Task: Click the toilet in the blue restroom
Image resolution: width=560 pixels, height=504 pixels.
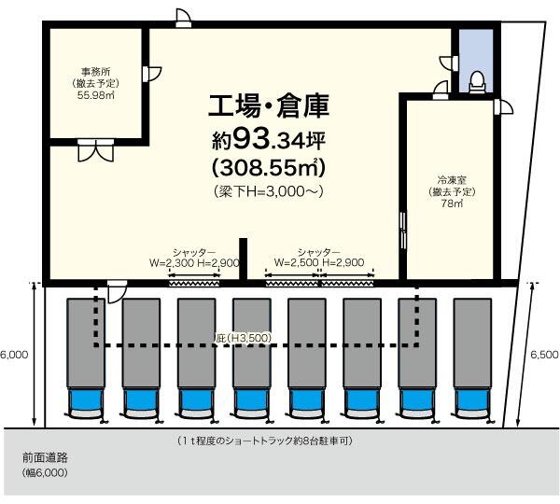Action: [x=477, y=82]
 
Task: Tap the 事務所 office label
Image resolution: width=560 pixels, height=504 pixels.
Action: [x=96, y=72]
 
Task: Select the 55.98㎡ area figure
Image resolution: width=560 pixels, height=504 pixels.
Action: [x=96, y=95]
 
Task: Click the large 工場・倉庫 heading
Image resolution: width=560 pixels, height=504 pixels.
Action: [x=269, y=106]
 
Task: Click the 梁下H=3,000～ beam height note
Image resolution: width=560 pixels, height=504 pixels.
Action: [x=269, y=191]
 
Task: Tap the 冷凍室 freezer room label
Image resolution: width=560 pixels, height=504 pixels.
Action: [x=452, y=180]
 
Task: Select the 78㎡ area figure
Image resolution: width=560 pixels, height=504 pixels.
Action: [x=452, y=203]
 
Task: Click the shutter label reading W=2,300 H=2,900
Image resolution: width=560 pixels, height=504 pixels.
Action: [x=194, y=263]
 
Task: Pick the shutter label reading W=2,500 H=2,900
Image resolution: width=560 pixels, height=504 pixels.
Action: [x=319, y=262]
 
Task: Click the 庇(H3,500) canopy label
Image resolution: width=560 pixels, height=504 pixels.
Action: [x=244, y=338]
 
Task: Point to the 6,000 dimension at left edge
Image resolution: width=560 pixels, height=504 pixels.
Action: [x=14, y=355]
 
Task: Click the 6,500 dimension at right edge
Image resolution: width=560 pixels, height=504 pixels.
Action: [x=544, y=355]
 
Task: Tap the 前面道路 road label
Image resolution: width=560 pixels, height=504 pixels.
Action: [x=45, y=457]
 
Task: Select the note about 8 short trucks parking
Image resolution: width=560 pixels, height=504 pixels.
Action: [x=265, y=441]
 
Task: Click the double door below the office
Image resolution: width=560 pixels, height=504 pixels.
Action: [x=96, y=151]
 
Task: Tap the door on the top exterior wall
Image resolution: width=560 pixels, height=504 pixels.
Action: [x=184, y=18]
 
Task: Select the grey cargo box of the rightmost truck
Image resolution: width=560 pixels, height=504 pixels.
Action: [x=472, y=343]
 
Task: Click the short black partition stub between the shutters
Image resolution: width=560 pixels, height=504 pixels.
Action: [x=244, y=259]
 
